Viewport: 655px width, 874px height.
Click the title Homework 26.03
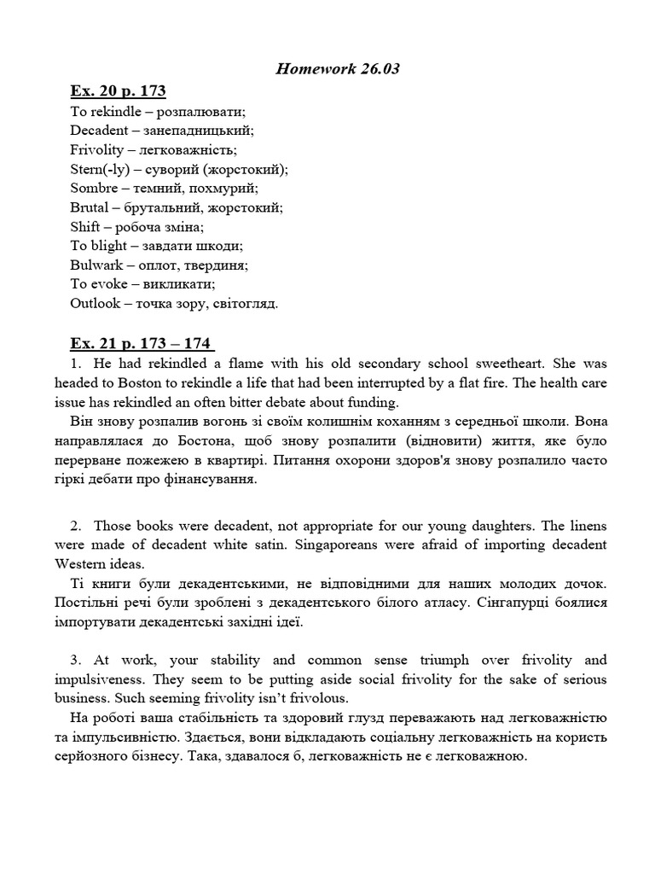pyautogui.click(x=338, y=69)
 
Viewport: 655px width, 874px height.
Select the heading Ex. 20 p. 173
pyautogui.click(x=117, y=91)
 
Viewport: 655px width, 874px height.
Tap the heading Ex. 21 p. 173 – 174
pyautogui.click(x=142, y=344)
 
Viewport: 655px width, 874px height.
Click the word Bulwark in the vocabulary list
pyautogui.click(x=96, y=265)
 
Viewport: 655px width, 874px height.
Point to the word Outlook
pyautogui.click(x=96, y=303)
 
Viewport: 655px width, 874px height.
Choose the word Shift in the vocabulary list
pyautogui.click(x=84, y=227)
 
